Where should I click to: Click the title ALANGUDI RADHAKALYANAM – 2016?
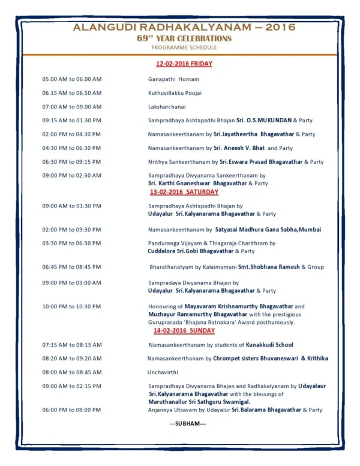(x=184, y=28)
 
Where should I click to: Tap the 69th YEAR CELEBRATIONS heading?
(x=184, y=38)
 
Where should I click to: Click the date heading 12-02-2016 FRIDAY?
(x=184, y=63)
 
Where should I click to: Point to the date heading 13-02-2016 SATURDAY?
(x=184, y=192)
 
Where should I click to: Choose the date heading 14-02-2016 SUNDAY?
(x=184, y=330)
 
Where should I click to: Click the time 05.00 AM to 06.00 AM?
(x=71, y=79)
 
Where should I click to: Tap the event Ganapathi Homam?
(x=173, y=79)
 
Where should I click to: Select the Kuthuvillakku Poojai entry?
(x=175, y=93)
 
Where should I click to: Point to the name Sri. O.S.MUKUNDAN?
(x=263, y=120)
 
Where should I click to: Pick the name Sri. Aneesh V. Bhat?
(x=239, y=148)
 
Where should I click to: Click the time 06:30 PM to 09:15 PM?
(x=71, y=161)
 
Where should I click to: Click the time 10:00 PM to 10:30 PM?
(x=71, y=306)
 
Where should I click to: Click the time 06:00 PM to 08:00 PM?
(x=71, y=410)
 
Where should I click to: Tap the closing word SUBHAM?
(x=187, y=424)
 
